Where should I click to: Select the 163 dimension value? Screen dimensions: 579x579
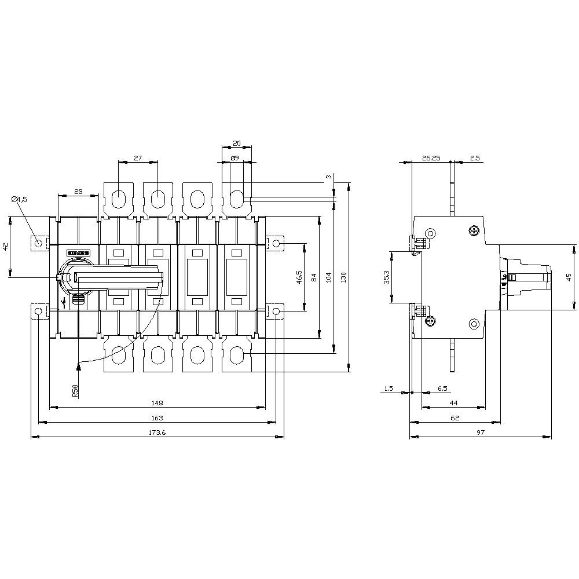point(157,417)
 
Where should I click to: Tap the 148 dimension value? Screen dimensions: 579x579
point(157,402)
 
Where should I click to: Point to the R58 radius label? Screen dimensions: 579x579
point(75,391)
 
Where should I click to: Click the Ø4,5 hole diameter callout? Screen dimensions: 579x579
point(19,199)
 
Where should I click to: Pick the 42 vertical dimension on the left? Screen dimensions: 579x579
point(5,246)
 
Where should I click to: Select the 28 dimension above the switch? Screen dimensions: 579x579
point(78,192)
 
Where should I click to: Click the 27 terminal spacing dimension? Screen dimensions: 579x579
point(138,157)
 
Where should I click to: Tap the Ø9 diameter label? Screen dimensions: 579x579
point(234,157)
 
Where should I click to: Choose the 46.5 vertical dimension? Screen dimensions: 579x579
point(299,277)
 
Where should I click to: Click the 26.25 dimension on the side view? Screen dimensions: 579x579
point(431,157)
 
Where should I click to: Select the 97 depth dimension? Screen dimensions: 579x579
point(480,433)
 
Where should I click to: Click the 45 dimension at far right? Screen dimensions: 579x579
point(570,277)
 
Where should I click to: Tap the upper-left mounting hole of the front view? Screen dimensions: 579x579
point(39,243)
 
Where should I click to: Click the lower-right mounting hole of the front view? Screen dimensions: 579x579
point(276,312)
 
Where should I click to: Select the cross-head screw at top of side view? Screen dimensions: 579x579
point(474,231)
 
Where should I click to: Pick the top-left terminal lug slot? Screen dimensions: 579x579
point(118,199)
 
